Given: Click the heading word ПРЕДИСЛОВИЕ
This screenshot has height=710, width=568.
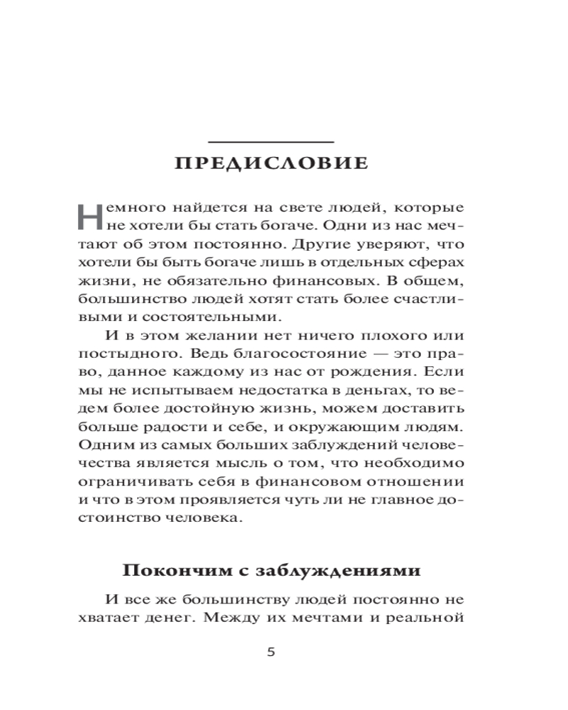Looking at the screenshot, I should coord(272,163).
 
